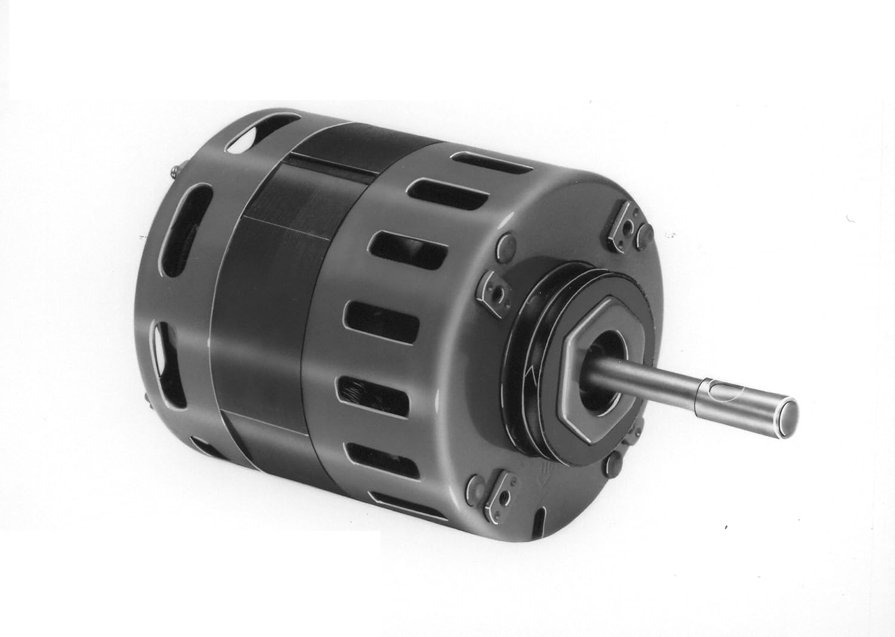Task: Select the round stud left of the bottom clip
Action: [477, 485]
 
